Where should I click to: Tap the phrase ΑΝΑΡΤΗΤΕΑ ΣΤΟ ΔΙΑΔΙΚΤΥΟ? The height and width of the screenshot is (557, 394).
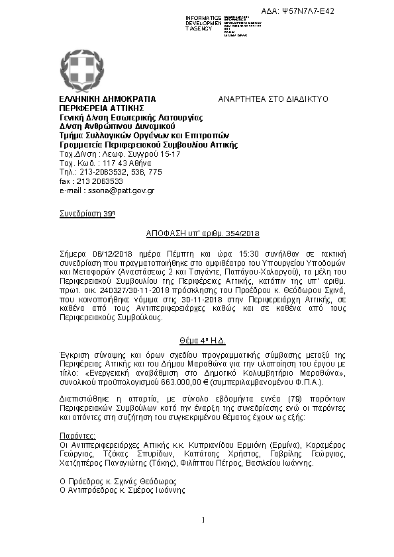(273, 99)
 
